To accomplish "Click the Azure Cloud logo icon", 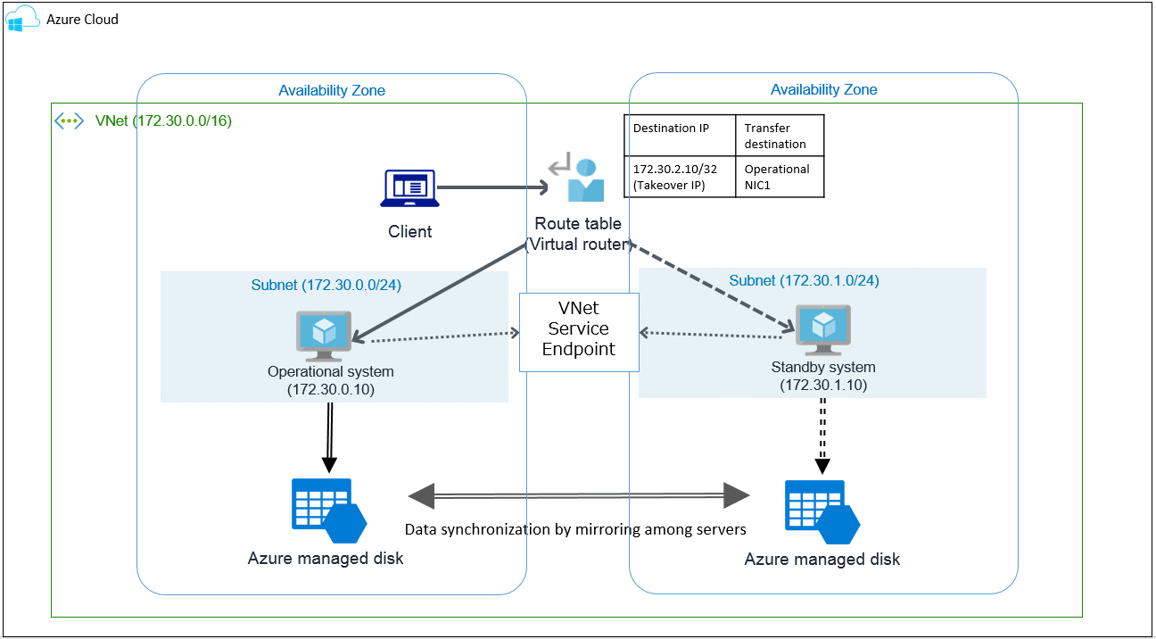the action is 22,19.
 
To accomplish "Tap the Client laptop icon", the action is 409,188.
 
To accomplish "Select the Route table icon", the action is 577,177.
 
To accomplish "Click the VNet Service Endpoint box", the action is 579,332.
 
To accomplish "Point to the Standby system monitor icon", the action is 823,330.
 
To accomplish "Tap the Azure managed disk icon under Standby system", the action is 822,512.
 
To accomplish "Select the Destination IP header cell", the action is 680,136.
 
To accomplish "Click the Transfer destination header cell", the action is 780,136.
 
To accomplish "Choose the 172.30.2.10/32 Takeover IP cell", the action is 680,177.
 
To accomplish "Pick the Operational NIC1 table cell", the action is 780,177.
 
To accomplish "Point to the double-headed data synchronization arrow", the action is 579,495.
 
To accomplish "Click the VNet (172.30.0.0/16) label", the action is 163,120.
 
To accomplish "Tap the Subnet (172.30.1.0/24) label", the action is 804,280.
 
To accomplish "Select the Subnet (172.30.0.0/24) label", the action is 326,285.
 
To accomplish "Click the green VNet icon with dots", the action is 69,121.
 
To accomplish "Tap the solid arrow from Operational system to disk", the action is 330,437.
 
